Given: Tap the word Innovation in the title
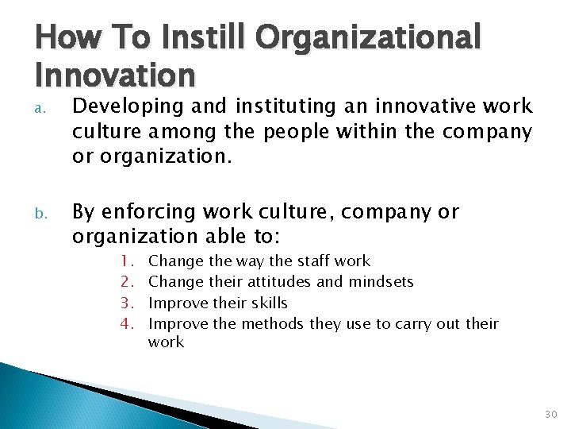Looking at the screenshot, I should (x=115, y=75).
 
